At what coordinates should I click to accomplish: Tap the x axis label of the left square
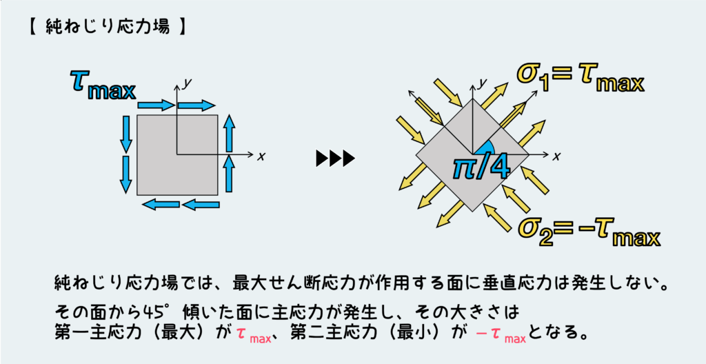pos(261,156)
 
